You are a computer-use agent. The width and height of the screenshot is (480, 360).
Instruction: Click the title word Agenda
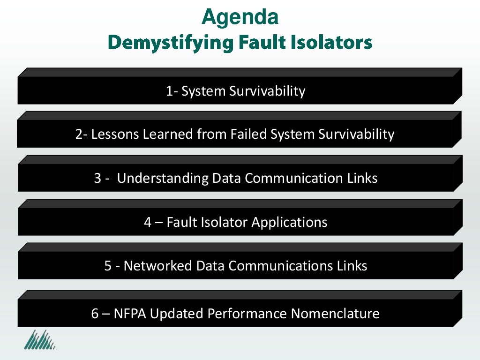pyautogui.click(x=240, y=17)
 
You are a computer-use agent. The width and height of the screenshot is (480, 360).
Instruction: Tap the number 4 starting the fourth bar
pyautogui.click(x=148, y=222)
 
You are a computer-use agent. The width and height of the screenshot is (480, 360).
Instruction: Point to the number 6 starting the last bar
pyautogui.click(x=95, y=314)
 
